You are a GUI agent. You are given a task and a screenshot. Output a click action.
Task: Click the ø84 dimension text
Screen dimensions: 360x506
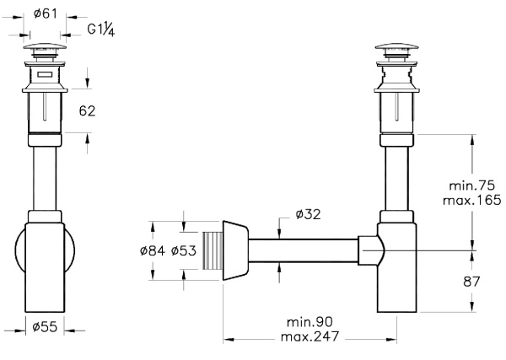pyautogui.click(x=152, y=251)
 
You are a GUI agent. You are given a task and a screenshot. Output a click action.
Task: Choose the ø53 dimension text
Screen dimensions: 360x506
pyautogui.click(x=183, y=251)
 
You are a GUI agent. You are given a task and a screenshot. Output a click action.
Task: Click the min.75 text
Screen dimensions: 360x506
pyautogui.click(x=469, y=184)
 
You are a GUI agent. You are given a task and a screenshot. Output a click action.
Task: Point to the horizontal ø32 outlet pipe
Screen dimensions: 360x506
pyautogui.click(x=304, y=250)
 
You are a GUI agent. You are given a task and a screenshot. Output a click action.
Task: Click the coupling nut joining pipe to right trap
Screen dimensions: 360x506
pyautogui.click(x=368, y=250)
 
